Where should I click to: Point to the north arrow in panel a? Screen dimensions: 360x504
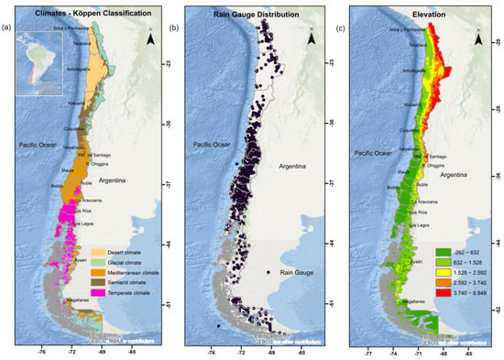click(x=149, y=36)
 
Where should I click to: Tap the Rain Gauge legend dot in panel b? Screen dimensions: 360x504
click(x=268, y=273)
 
